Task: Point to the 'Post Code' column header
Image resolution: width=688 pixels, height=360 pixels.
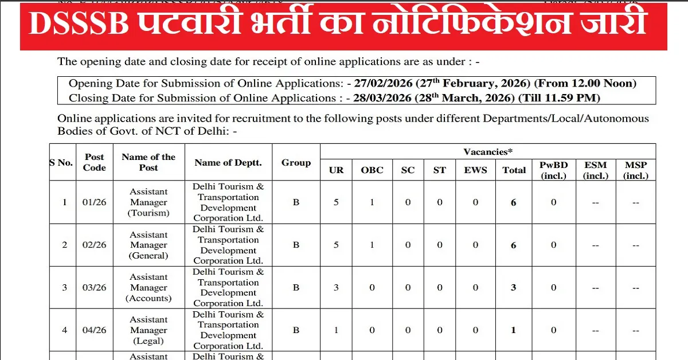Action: pos(95,162)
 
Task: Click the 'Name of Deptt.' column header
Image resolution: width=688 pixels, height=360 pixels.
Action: pos(228,163)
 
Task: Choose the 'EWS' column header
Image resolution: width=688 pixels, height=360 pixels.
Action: pos(475,170)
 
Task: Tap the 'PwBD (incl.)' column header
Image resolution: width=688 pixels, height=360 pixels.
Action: pos(553,170)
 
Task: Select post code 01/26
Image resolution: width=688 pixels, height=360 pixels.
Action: pos(95,202)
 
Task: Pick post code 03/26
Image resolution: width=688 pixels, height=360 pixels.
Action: pos(95,288)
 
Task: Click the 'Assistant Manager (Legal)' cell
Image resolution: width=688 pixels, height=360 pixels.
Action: pos(148,330)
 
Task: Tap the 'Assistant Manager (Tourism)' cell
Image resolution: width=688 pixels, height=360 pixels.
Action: pos(148,202)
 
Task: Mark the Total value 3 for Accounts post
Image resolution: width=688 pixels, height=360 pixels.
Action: pos(514,288)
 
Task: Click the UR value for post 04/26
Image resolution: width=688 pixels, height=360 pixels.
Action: pos(337,330)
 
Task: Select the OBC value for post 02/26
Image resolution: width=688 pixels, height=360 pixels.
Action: pos(372,245)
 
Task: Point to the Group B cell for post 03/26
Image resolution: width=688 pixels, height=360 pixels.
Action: pos(296,288)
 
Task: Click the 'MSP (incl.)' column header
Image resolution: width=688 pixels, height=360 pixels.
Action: pos(636,170)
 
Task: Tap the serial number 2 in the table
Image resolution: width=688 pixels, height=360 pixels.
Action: pos(65,245)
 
